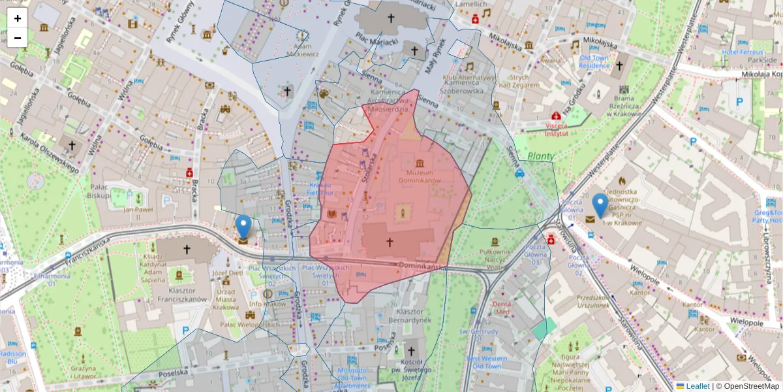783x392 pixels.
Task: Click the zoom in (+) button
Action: [x=18, y=18]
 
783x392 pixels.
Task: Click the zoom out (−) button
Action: [x=18, y=38]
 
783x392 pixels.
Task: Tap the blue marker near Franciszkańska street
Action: [x=243, y=227]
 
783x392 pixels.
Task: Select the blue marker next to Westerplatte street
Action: [x=600, y=206]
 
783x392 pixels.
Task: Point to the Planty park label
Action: [x=540, y=156]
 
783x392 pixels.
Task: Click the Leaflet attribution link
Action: [x=697, y=386]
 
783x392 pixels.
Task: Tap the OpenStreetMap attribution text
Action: [x=750, y=386]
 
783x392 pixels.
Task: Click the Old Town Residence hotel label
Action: [x=594, y=62]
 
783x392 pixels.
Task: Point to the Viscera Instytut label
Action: [x=547, y=129]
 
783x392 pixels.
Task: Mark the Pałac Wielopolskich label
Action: [x=249, y=324]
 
